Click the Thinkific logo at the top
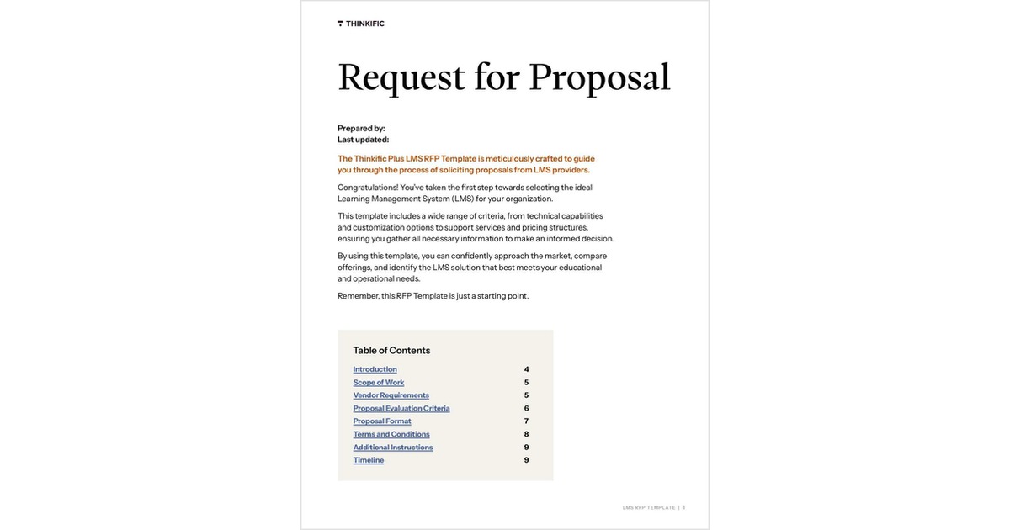tap(361, 24)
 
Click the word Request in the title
tap(401, 77)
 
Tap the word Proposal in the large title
tap(599, 77)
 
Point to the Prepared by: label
tap(361, 129)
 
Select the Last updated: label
tap(363, 140)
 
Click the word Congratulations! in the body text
tap(368, 188)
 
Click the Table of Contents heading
tap(391, 351)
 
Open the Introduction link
tap(375, 369)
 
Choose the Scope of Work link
tap(379, 383)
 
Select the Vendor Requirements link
tap(391, 395)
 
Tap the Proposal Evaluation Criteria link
tap(401, 409)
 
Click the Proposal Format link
tap(382, 421)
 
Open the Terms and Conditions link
tap(391, 435)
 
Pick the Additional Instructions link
tap(393, 448)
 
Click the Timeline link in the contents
tap(369, 460)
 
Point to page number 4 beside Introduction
tap(527, 369)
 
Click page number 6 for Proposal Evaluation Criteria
tap(527, 409)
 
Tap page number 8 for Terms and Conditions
tap(527, 435)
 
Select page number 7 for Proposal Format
tap(527, 421)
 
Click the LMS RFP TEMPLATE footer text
tap(649, 508)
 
